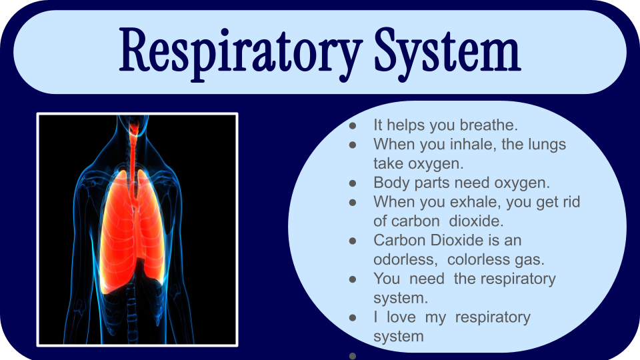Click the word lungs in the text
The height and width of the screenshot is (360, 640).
click(547, 145)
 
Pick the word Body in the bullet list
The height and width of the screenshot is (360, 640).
click(391, 183)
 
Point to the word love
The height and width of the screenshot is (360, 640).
click(401, 317)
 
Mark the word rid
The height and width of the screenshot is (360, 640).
click(569, 201)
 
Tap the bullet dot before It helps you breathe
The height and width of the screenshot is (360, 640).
click(353, 126)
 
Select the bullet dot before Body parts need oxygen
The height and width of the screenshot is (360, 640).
click(353, 183)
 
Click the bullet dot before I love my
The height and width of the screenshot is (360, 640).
click(353, 317)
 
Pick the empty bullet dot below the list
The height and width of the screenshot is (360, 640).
click(353, 356)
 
